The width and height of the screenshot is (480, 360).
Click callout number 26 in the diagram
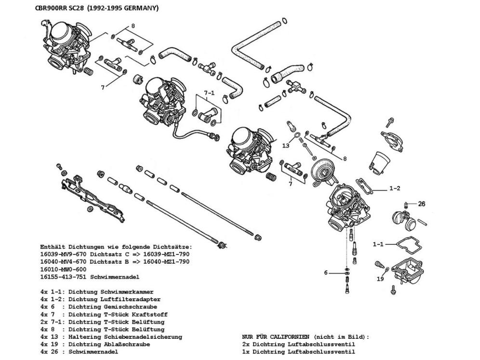[x=422, y=204]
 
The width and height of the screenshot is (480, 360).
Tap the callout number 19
[x=381, y=279]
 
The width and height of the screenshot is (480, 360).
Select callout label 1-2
[x=395, y=188]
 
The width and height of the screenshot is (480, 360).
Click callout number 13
[x=286, y=145]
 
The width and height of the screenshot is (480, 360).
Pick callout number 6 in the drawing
[x=326, y=273]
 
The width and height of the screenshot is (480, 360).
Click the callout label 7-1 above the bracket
[x=208, y=93]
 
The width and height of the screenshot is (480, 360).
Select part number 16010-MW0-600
[x=64, y=269]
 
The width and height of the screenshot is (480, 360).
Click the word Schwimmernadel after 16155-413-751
[x=123, y=277]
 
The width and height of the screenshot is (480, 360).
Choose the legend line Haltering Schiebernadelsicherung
[x=125, y=336]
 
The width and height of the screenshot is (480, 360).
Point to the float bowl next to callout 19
[x=407, y=273]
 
